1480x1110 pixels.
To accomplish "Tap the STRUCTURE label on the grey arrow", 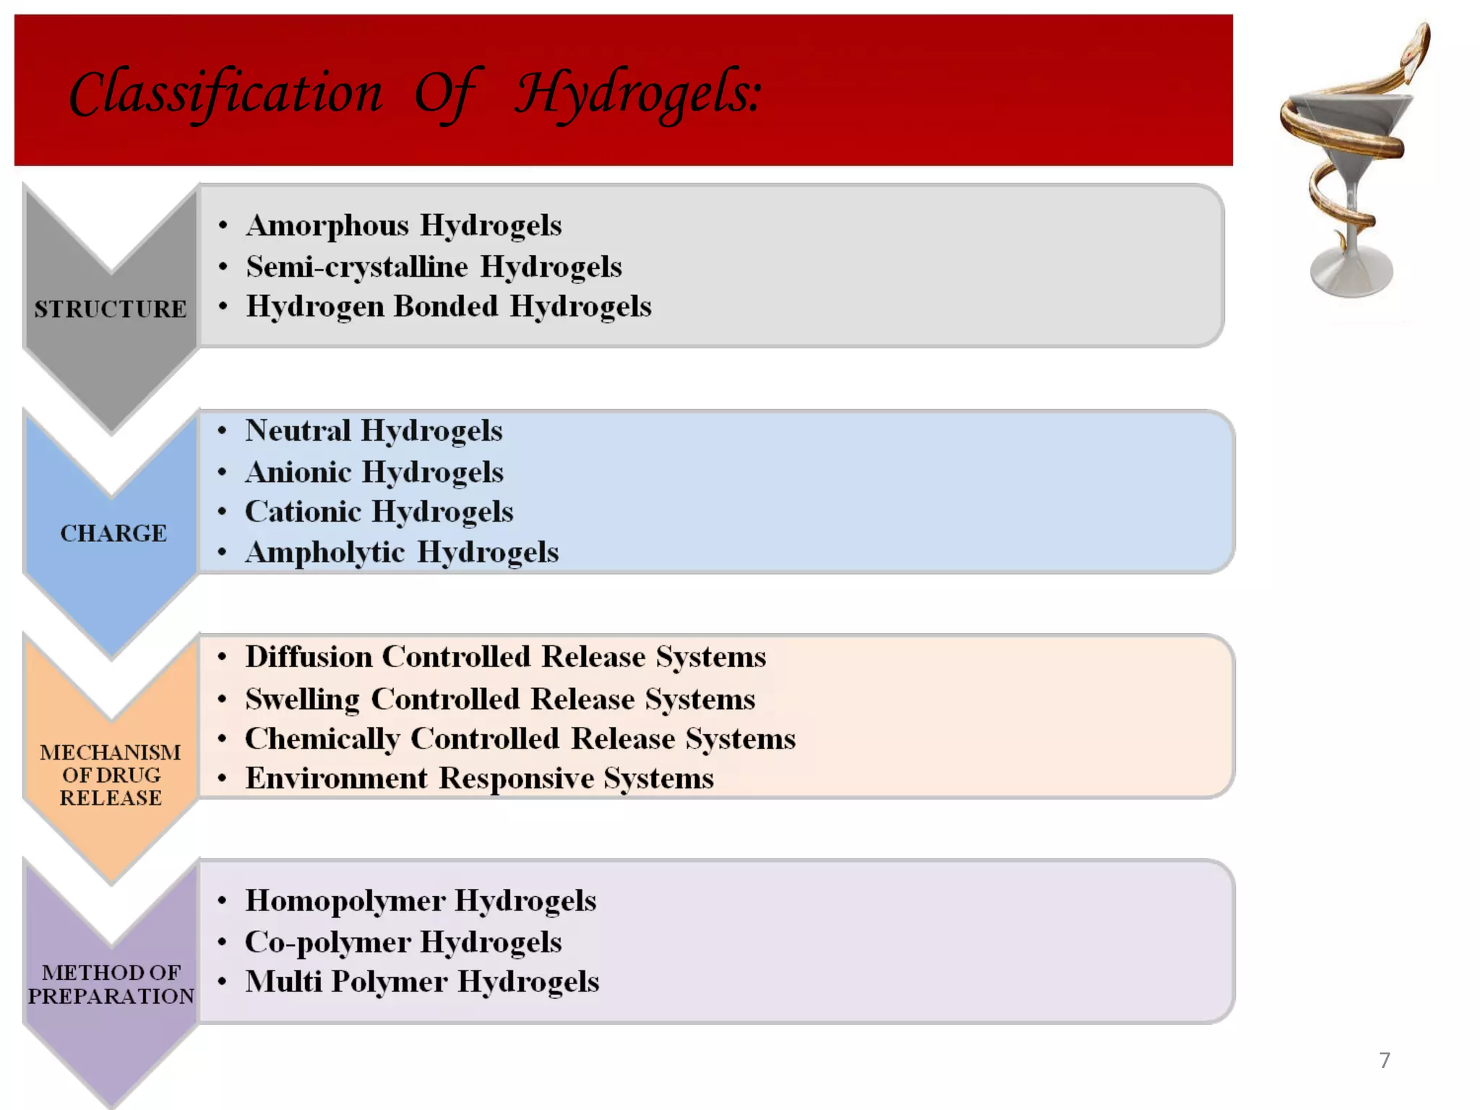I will [x=111, y=309].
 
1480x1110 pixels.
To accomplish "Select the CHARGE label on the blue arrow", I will [x=113, y=533].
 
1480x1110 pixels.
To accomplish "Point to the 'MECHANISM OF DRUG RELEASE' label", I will [x=111, y=775].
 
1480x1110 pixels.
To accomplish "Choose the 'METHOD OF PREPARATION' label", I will [x=111, y=984].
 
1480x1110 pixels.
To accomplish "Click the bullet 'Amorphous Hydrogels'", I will [x=403, y=225].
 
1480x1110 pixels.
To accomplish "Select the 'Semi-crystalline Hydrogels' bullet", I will [x=434, y=267].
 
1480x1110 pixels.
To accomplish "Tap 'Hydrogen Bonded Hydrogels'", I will [x=448, y=306].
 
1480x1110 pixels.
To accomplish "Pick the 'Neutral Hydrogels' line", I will [x=374, y=431].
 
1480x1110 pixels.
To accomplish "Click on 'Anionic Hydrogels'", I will [x=374, y=473].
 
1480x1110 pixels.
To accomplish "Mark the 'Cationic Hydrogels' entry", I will [x=379, y=512].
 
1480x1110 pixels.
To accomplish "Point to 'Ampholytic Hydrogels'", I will [x=402, y=553].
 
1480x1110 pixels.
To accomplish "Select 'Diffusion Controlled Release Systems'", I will [x=505, y=657].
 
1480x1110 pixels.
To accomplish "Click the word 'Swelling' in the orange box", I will [x=302, y=700].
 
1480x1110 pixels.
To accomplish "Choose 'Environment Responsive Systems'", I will [x=479, y=779].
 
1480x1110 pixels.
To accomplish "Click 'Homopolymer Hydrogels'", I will [x=421, y=901].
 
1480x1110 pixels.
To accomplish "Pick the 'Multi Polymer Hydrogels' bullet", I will [x=422, y=982].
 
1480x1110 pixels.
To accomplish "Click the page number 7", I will [x=1385, y=1060].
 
